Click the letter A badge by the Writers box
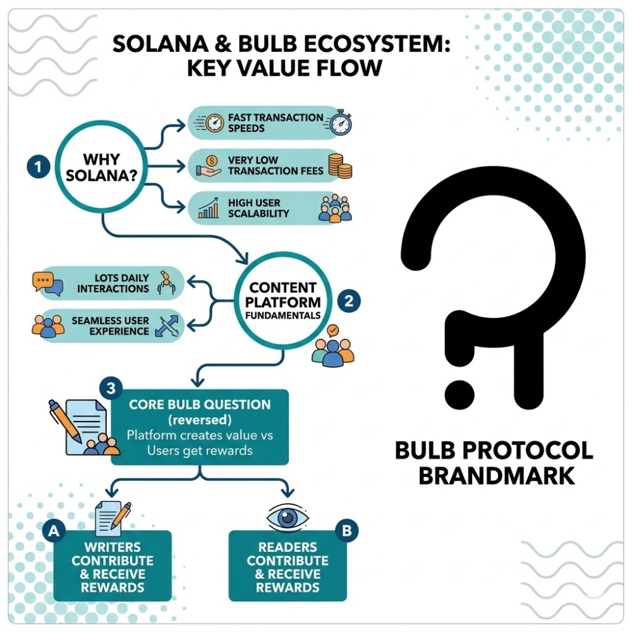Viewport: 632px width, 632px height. point(54,532)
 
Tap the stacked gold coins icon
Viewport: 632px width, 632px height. point(340,166)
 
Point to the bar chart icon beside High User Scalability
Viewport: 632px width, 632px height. point(209,209)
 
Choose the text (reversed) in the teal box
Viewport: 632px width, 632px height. point(200,420)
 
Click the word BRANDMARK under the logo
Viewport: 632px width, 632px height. point(497,475)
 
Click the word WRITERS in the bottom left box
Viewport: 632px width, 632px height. point(112,547)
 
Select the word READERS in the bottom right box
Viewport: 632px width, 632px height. point(287,547)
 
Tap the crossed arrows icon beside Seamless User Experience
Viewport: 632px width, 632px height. point(169,325)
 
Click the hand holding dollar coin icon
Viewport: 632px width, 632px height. point(209,165)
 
